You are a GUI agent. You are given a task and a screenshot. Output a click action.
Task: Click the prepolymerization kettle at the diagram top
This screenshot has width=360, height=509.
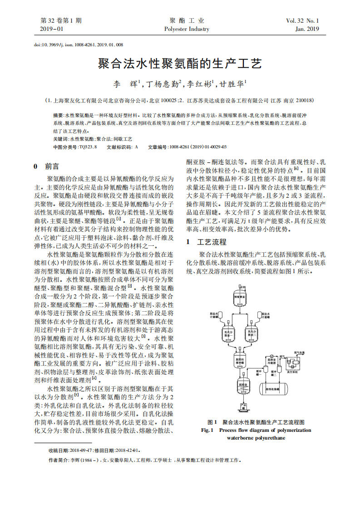[x=240, y=295]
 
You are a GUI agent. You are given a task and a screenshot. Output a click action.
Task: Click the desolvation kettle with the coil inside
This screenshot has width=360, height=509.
[x=242, y=386]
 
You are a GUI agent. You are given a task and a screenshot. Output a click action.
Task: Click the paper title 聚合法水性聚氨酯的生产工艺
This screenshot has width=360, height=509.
[x=180, y=63]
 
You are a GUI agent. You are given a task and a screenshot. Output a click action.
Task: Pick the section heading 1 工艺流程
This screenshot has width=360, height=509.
[x=207, y=242]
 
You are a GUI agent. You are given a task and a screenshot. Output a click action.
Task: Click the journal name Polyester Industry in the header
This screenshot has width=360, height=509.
[x=187, y=29]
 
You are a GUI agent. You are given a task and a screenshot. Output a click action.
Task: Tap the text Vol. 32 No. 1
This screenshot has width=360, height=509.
[x=302, y=21]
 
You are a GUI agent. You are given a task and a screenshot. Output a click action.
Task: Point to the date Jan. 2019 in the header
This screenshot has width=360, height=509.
[x=307, y=29]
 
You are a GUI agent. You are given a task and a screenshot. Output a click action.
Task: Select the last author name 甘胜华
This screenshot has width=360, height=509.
[x=232, y=84]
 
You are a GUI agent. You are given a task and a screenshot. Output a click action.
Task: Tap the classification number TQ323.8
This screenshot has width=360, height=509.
[x=88, y=147]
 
